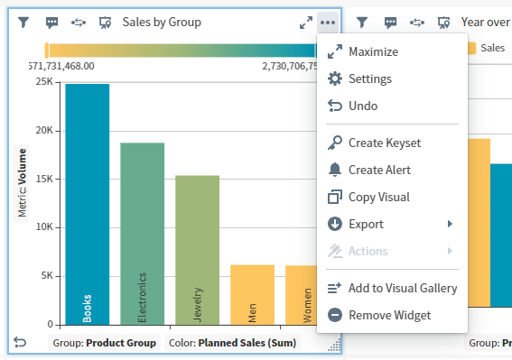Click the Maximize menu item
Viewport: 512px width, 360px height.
click(x=372, y=52)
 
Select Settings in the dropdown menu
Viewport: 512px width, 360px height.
click(x=369, y=79)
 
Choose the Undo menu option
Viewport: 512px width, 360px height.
click(x=362, y=106)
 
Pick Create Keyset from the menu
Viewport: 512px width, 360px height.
click(x=384, y=143)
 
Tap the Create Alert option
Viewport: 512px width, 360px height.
click(x=379, y=170)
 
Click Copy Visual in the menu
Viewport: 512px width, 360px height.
click(x=378, y=197)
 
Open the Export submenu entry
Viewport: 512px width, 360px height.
click(x=366, y=224)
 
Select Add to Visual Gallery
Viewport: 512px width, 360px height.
click(x=402, y=288)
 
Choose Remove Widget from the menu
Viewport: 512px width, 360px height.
click(x=389, y=315)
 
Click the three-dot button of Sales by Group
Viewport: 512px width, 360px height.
click(x=327, y=23)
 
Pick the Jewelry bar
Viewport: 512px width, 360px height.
click(x=197, y=249)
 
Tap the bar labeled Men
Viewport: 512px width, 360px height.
click(x=252, y=294)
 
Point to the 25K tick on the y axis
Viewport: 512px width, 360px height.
click(x=43, y=82)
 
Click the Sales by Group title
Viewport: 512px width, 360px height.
click(x=162, y=23)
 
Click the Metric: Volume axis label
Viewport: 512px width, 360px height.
click(x=22, y=182)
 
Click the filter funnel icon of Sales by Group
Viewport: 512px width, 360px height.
click(x=24, y=23)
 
